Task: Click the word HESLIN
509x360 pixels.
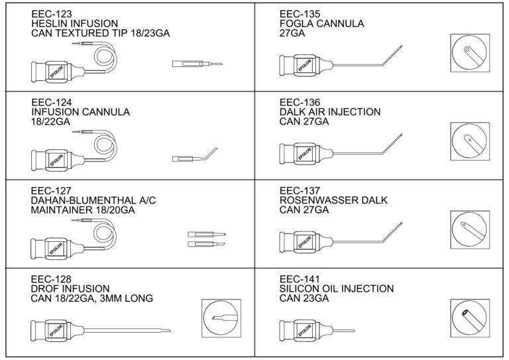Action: (x=50, y=23)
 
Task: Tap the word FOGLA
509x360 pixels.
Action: (x=296, y=23)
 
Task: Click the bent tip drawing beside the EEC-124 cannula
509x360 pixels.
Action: (x=192, y=158)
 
